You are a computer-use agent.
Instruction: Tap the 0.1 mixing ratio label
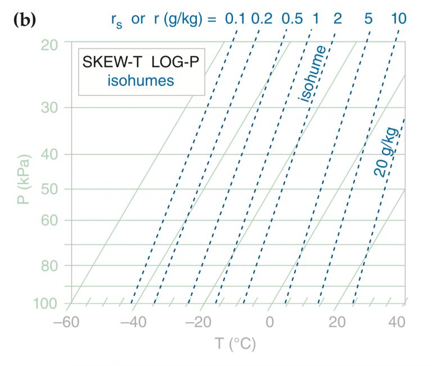(x=235, y=19)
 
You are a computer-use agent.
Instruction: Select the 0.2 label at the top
(x=262, y=19)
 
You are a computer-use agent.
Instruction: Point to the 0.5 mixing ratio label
(x=292, y=19)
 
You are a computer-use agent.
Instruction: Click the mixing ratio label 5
(x=368, y=19)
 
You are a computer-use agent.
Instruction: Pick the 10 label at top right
(x=398, y=19)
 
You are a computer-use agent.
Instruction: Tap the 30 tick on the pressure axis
(x=50, y=107)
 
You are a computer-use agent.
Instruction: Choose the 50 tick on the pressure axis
(x=50, y=189)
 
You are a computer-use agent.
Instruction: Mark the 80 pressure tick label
(x=50, y=265)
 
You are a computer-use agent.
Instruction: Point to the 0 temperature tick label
(x=269, y=324)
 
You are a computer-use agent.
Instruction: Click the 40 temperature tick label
(x=397, y=324)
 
